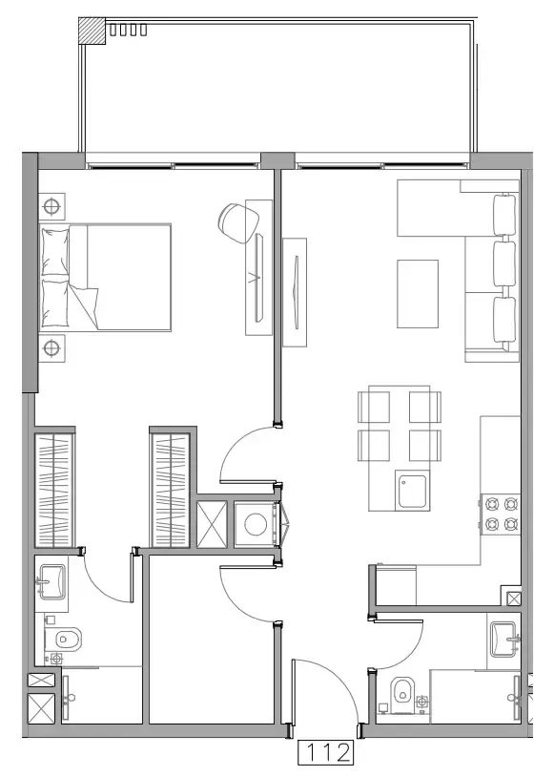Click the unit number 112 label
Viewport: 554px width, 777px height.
(327, 753)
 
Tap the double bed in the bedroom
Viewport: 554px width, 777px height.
(105, 277)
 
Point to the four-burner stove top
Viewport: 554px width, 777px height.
(501, 513)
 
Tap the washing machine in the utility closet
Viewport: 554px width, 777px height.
(255, 525)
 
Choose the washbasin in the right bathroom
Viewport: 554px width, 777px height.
(503, 639)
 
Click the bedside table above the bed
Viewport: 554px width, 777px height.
(52, 204)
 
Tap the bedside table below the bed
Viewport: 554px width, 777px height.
(52, 347)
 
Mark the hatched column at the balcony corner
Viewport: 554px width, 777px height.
(92, 29)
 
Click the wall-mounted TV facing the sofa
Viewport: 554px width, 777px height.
(297, 290)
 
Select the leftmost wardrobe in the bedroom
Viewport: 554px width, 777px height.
(54, 490)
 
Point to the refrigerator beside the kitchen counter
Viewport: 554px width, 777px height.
(397, 583)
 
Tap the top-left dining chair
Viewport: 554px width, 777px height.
(373, 406)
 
